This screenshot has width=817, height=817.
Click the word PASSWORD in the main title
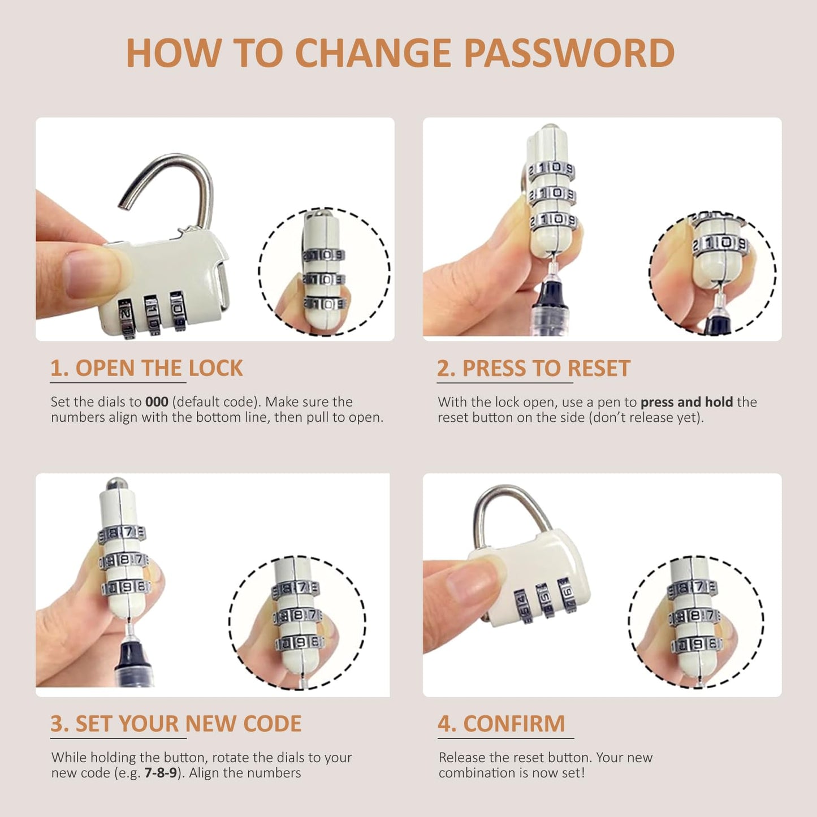pos(569,53)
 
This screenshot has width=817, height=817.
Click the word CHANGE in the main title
pos(373,53)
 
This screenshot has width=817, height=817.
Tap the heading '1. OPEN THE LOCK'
pos(146,368)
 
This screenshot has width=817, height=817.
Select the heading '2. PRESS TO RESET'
pos(533,368)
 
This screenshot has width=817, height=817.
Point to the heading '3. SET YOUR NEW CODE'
pos(175,723)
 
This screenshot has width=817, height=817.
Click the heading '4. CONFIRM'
pos(501,723)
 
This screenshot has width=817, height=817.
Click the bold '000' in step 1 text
pos(157,401)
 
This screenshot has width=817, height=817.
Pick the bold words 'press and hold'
pos(686,402)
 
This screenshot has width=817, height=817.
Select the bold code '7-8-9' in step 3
pos(161,772)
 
